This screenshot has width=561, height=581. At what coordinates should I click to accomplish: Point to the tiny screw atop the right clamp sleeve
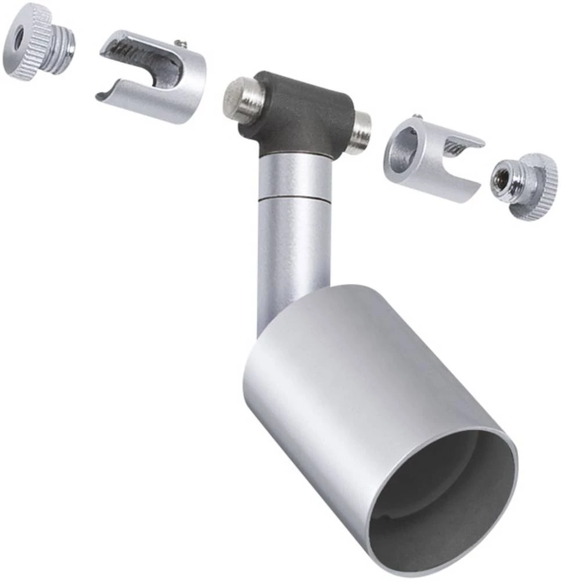[x=418, y=118]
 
